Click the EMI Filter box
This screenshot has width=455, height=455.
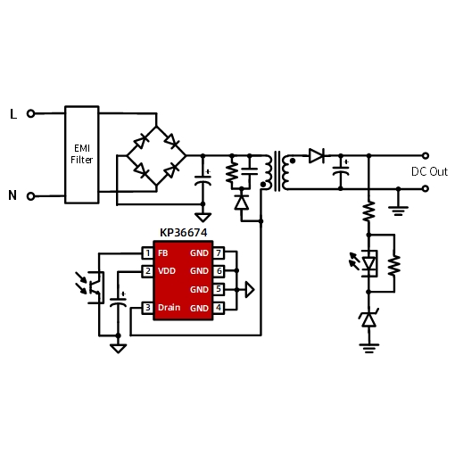click(82, 154)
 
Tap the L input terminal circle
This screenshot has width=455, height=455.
click(30, 113)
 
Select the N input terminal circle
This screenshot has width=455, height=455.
click(30, 196)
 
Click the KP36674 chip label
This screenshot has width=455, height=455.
click(184, 233)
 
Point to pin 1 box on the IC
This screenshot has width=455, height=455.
click(147, 253)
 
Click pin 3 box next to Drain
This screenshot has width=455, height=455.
click(147, 308)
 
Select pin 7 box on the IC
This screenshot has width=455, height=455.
click(219, 253)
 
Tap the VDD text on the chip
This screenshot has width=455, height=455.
click(167, 271)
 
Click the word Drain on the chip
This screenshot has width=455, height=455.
click(169, 308)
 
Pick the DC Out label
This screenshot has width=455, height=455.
click(429, 171)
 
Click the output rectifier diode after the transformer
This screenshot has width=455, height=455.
click(317, 155)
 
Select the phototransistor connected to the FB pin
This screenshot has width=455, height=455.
click(94, 287)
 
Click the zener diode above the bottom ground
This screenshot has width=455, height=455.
click(368, 319)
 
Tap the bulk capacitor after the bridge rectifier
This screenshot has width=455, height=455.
click(203, 180)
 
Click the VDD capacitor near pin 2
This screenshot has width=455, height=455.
click(118, 302)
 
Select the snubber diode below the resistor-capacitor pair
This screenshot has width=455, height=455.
click(242, 203)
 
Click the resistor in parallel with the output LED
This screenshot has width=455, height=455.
click(394, 264)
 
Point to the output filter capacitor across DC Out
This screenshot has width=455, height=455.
click(341, 171)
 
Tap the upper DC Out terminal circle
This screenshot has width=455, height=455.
click(426, 155)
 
